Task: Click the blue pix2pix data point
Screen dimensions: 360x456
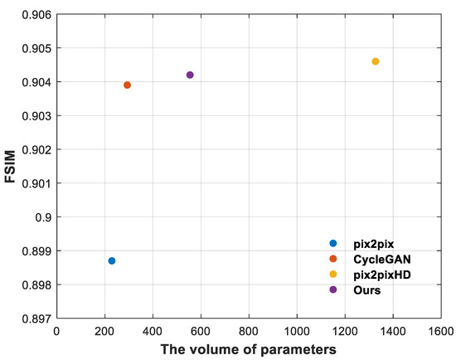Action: pyautogui.click(x=112, y=260)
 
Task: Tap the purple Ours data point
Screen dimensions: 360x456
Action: pyautogui.click(x=190, y=75)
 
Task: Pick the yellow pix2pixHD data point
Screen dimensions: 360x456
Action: pyautogui.click(x=376, y=61)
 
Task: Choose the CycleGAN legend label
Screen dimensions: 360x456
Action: pyautogui.click(x=374, y=259)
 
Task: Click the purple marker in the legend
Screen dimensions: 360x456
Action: pyautogui.click(x=333, y=290)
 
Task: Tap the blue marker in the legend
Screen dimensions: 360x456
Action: pyautogui.click(x=333, y=244)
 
